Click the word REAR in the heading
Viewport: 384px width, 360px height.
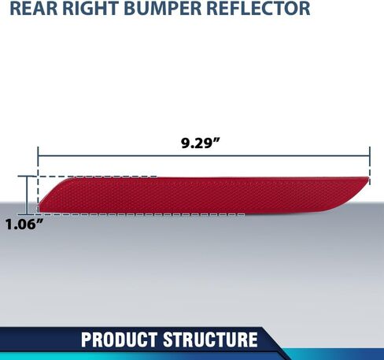coord(34,9)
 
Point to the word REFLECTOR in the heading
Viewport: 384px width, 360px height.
coord(258,9)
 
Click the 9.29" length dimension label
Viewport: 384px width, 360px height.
coord(200,143)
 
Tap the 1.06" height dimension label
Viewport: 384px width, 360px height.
coord(24,225)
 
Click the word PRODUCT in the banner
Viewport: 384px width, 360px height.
coord(119,340)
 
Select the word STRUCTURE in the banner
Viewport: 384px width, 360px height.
coord(210,340)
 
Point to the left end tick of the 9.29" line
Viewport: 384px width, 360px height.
coord(38,156)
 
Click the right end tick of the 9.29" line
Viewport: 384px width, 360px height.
coord(370,156)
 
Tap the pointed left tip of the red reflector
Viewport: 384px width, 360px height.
coord(39,206)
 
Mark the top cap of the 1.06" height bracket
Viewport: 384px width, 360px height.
coord(26,176)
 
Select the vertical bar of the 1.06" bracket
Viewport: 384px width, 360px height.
coord(26,195)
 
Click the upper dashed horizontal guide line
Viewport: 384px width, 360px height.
coord(97,176)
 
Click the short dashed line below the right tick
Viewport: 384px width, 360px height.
coord(370,175)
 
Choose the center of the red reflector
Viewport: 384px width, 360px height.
coord(204,195)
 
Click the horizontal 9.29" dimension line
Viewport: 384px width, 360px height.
coord(204,156)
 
